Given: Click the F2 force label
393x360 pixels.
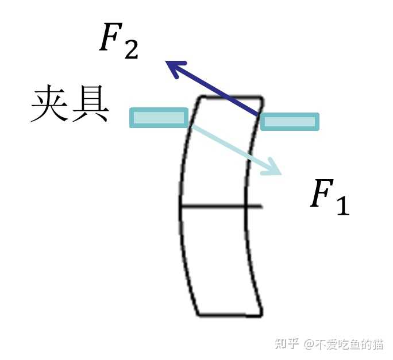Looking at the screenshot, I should (118, 41).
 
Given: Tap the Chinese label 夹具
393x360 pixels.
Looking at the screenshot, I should (70, 105).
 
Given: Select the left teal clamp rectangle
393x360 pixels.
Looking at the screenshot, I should (159, 117).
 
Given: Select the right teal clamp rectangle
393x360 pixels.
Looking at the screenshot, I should (290, 121).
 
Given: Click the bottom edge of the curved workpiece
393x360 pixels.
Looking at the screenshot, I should (230, 315).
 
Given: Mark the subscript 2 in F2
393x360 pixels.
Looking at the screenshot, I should (130, 50).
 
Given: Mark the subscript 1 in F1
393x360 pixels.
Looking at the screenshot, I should (342, 206).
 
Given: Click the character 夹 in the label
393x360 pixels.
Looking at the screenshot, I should (50, 105).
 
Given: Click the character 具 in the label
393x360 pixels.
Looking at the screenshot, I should (90, 105).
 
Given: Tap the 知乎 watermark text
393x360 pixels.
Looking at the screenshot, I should (287, 344).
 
